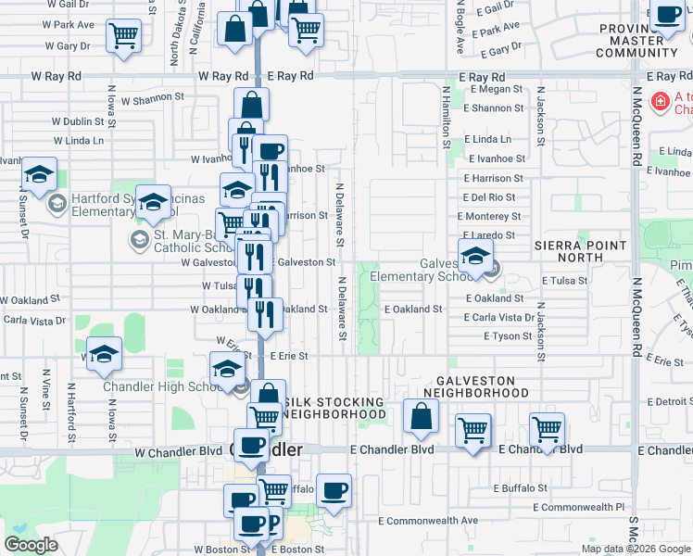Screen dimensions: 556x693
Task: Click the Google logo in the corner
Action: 31,545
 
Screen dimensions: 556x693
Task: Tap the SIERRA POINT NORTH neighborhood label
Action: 582,251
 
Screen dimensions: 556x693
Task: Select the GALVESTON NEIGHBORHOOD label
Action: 484,385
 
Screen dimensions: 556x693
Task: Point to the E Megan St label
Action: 497,90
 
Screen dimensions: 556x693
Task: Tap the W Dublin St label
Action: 78,120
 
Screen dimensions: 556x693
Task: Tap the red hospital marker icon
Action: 661,101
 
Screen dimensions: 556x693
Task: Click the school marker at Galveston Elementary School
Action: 475,258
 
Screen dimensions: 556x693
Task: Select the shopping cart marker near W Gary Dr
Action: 123,36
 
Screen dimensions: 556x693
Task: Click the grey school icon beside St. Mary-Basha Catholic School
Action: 139,241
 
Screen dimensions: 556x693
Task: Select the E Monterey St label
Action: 496,216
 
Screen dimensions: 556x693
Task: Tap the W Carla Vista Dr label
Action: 34,320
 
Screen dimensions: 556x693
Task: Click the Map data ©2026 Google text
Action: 636,549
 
